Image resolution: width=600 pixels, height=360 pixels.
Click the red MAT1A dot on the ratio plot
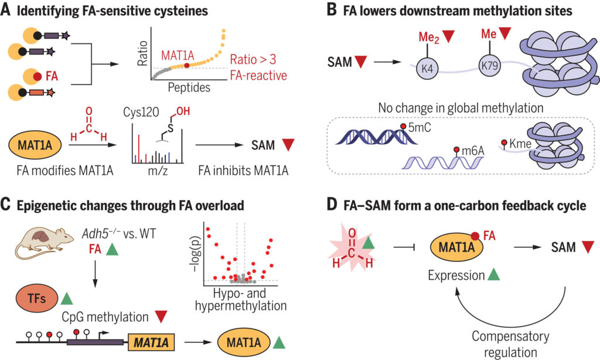(x=186, y=66)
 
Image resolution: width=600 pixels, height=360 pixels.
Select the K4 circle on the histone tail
(x=427, y=69)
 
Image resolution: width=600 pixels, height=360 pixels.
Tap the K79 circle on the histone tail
(x=490, y=66)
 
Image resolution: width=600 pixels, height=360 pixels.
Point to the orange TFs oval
(x=36, y=298)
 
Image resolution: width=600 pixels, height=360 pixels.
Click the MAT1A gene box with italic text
(x=151, y=342)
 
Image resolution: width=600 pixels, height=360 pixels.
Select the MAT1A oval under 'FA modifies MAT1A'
(x=35, y=145)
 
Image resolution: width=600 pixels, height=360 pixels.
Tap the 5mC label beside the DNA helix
(x=420, y=128)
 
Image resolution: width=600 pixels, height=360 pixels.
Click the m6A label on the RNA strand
(x=473, y=151)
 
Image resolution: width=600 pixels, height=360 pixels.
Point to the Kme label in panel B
(x=520, y=144)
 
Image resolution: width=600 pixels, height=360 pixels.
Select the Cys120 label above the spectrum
(x=141, y=112)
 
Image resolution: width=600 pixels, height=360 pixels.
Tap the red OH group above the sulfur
(x=183, y=111)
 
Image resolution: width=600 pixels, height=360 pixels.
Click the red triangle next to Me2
(x=448, y=36)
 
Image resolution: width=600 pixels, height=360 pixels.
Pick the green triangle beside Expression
(x=493, y=274)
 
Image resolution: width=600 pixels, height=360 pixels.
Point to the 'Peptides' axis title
(x=189, y=88)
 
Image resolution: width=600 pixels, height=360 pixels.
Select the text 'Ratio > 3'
(x=253, y=59)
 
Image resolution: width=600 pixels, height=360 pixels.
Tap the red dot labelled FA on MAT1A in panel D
(x=475, y=236)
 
